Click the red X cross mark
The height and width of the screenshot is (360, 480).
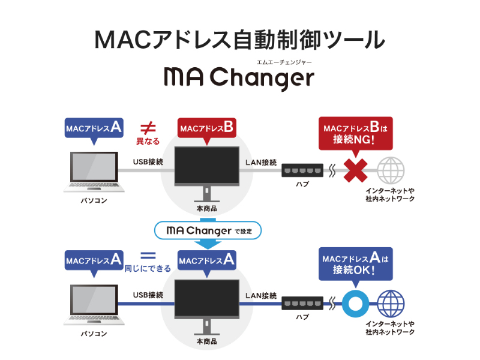click(355, 171)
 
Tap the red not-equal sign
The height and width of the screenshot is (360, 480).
click(148, 127)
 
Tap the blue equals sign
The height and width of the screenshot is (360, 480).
click(148, 254)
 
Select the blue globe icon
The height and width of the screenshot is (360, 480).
click(391, 303)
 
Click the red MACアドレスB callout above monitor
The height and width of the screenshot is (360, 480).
click(206, 127)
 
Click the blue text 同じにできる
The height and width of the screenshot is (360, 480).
click(148, 268)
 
